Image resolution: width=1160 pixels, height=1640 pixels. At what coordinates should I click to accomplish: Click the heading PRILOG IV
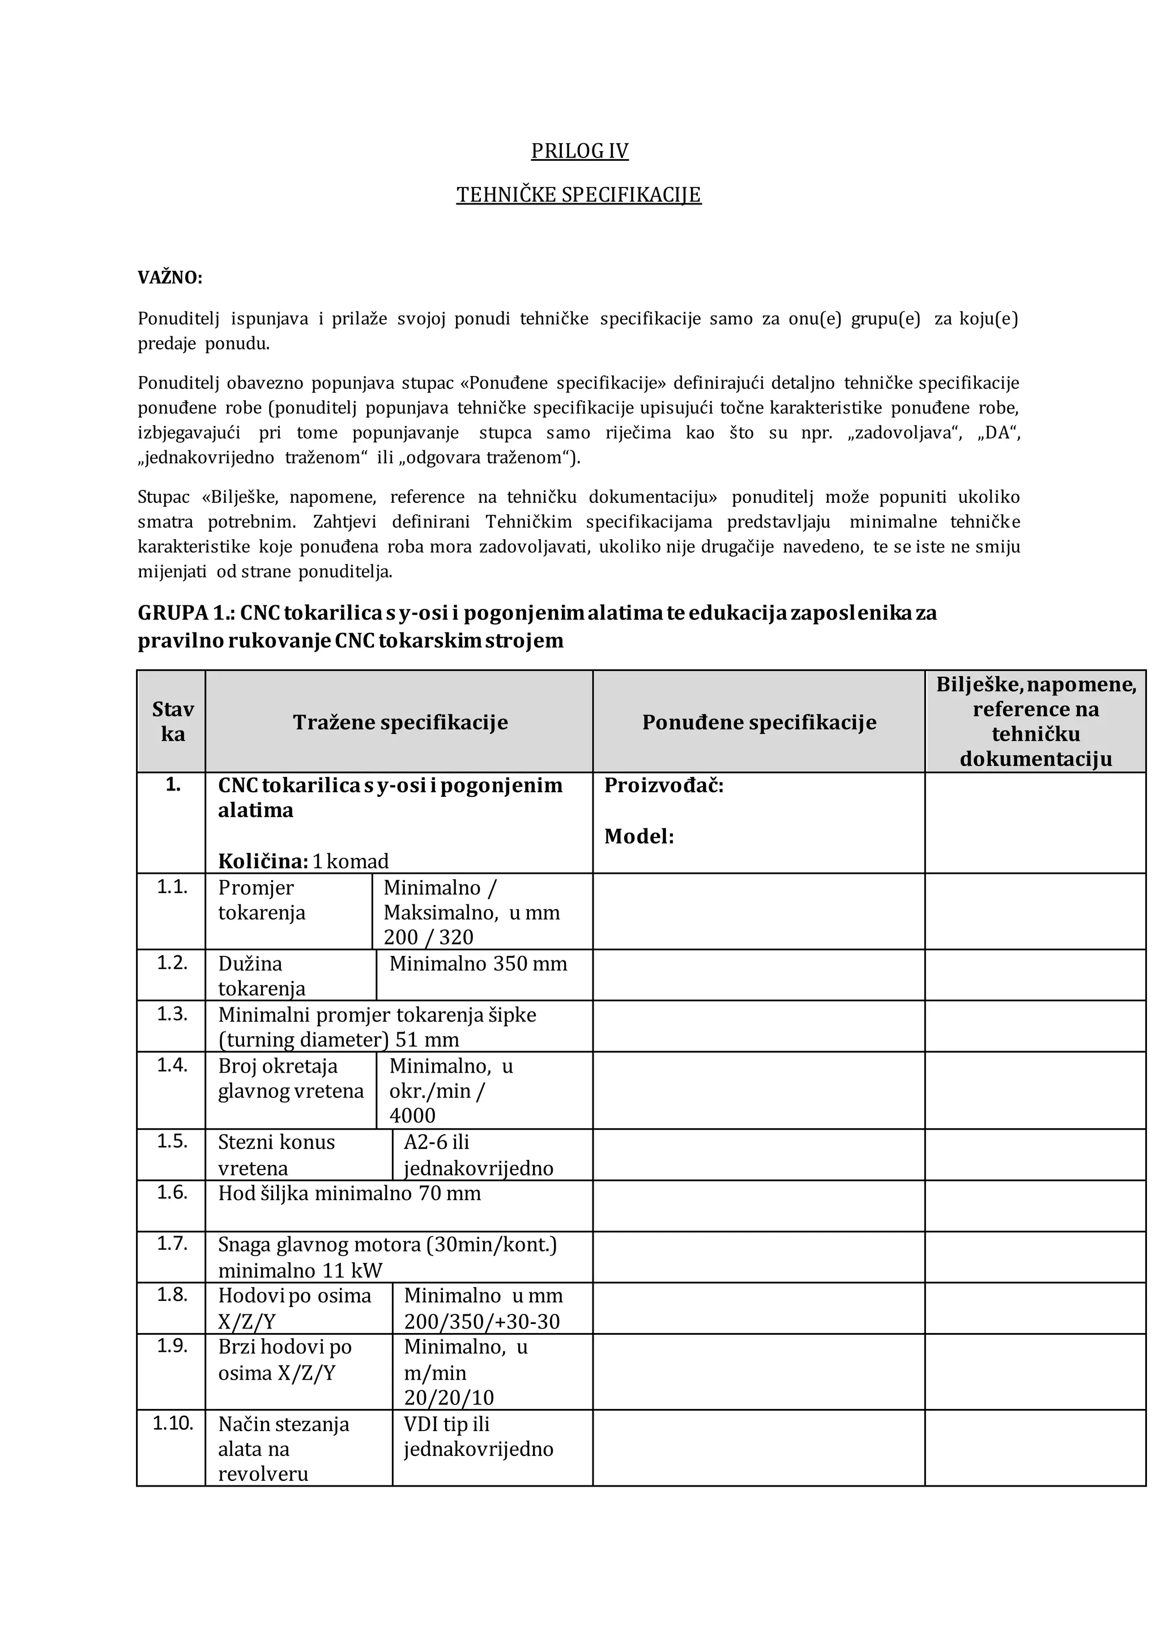579,151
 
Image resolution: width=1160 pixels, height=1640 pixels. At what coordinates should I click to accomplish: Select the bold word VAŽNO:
170,278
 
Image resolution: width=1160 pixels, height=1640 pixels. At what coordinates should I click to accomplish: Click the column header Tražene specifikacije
400,722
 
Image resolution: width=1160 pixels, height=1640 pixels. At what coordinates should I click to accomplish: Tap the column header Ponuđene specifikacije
758,722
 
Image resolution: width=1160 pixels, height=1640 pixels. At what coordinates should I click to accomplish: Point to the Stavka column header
173,721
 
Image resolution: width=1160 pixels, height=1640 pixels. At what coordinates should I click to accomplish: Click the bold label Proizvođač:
664,785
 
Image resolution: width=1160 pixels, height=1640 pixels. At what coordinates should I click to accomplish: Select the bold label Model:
638,836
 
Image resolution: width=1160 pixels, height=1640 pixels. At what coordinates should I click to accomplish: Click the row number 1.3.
172,1014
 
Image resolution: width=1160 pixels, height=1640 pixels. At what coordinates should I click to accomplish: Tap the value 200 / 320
429,937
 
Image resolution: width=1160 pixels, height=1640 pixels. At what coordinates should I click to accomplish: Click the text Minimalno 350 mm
478,964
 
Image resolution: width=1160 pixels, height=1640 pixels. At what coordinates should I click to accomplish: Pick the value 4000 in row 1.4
412,1115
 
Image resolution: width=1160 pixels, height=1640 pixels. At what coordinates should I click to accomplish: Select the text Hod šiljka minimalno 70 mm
349,1194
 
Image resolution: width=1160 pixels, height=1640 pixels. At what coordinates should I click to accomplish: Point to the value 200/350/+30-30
482,1321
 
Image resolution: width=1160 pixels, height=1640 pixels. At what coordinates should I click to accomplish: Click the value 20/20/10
449,1398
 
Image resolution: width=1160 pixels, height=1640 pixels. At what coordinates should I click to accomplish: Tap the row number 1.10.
173,1424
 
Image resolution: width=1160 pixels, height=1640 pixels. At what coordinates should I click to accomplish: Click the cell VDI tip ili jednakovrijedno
478,1437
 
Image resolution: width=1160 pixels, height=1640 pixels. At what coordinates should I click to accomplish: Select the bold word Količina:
262,861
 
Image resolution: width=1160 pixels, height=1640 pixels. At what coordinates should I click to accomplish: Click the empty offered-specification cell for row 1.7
758,1257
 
